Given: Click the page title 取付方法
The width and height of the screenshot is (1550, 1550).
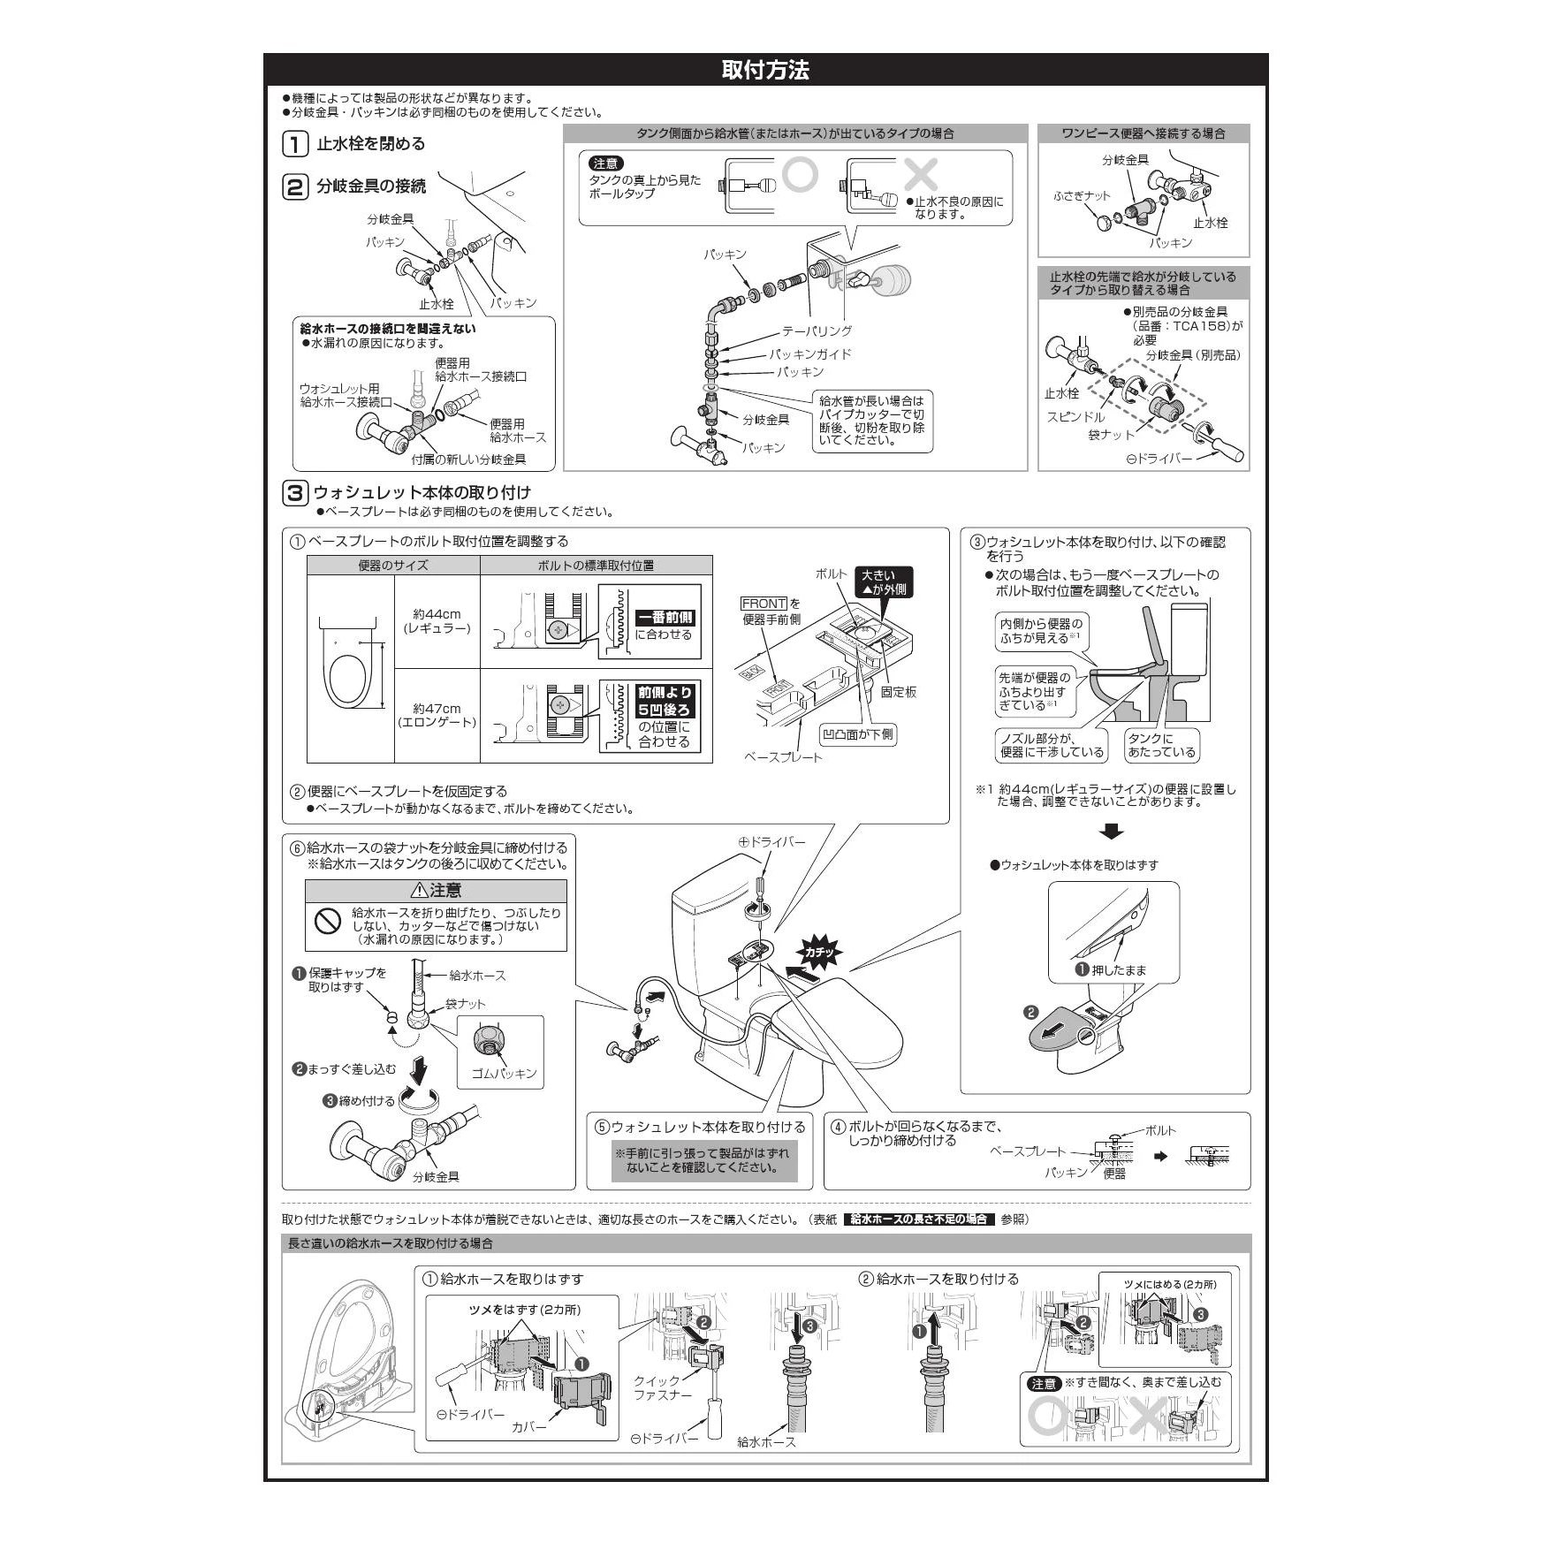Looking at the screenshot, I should click(x=765, y=71).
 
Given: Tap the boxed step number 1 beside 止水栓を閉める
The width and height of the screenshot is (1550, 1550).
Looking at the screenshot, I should click(x=295, y=143).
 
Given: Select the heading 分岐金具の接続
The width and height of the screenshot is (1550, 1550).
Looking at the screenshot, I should click(x=371, y=186).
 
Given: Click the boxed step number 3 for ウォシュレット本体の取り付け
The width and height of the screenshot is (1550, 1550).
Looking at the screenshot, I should click(x=295, y=492).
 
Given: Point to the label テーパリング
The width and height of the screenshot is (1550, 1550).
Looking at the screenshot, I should click(x=817, y=331).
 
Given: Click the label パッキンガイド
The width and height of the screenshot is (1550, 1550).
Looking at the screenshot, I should click(x=809, y=354).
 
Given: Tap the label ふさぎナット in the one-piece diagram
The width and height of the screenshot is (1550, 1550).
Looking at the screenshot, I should click(x=1082, y=196).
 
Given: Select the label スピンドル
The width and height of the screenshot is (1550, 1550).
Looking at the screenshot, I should click(x=1075, y=417).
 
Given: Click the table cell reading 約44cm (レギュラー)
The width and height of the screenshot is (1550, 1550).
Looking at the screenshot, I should click(x=437, y=621).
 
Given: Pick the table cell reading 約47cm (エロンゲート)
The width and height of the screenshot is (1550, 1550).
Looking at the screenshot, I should click(x=437, y=716).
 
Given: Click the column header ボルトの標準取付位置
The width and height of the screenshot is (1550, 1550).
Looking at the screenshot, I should click(x=596, y=566).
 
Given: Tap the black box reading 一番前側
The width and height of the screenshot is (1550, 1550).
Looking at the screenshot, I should click(x=665, y=619).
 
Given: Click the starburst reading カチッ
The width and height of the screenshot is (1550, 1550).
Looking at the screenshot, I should click(x=819, y=952).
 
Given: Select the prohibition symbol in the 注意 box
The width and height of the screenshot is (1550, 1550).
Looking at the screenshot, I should click(x=328, y=921).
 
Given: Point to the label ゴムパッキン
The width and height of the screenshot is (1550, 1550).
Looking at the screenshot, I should click(x=504, y=1073).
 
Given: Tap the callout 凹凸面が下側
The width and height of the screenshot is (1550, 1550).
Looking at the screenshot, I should click(x=858, y=734).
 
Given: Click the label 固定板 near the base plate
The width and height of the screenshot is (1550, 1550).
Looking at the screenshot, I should click(x=899, y=692).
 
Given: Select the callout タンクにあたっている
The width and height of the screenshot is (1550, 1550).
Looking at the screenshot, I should click(x=1161, y=745).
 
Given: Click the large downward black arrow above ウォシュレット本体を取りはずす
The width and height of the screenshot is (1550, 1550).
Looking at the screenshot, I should click(x=1113, y=832).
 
